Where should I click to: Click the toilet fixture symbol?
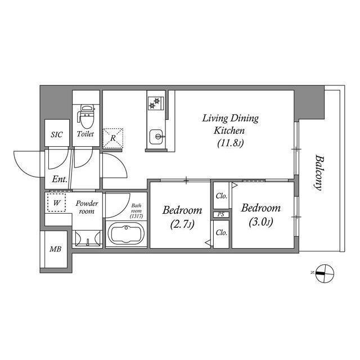[x=86, y=116]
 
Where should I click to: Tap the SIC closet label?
[x=57, y=135]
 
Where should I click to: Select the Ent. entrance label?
[x=60, y=180]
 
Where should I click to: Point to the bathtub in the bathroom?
[x=126, y=233]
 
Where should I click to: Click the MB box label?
[x=56, y=249]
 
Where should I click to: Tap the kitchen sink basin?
[x=156, y=136]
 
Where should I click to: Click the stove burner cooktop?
[x=155, y=103]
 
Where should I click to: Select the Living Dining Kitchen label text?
[x=230, y=124]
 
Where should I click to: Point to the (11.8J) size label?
[x=230, y=143]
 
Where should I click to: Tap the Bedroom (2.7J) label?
[x=182, y=218]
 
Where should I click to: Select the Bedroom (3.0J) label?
[x=260, y=215]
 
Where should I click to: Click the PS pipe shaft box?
[x=221, y=215]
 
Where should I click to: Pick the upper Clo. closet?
[x=221, y=196]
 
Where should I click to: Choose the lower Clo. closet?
[x=221, y=232]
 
